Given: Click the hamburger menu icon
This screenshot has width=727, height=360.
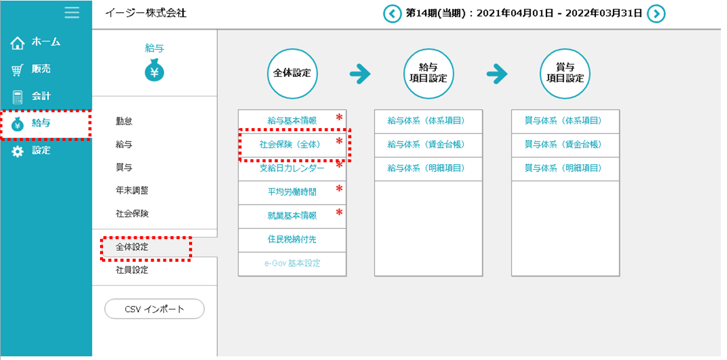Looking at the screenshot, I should [72, 13].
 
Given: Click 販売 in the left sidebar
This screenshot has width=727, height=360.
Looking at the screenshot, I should [41, 70].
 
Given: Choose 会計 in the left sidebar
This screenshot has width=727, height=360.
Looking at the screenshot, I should [41, 96].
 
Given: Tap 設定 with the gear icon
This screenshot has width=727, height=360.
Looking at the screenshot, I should [41, 151].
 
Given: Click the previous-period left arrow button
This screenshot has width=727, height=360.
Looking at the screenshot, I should [392, 13].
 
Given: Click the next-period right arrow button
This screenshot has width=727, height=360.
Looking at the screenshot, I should [656, 13].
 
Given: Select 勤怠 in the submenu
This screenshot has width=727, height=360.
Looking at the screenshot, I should [124, 121].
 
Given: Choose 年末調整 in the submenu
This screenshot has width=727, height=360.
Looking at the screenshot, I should [132, 190].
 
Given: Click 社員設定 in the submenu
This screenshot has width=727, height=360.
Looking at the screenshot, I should [132, 270].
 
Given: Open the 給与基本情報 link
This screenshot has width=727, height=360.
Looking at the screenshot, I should [292, 121].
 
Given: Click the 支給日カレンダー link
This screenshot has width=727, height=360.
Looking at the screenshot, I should [292, 168].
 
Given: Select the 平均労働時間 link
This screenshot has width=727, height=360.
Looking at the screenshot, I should [292, 192].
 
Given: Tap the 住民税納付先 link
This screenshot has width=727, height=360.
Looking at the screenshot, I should [292, 240].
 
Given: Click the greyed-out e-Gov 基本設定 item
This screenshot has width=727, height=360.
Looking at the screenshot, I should [292, 264].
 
